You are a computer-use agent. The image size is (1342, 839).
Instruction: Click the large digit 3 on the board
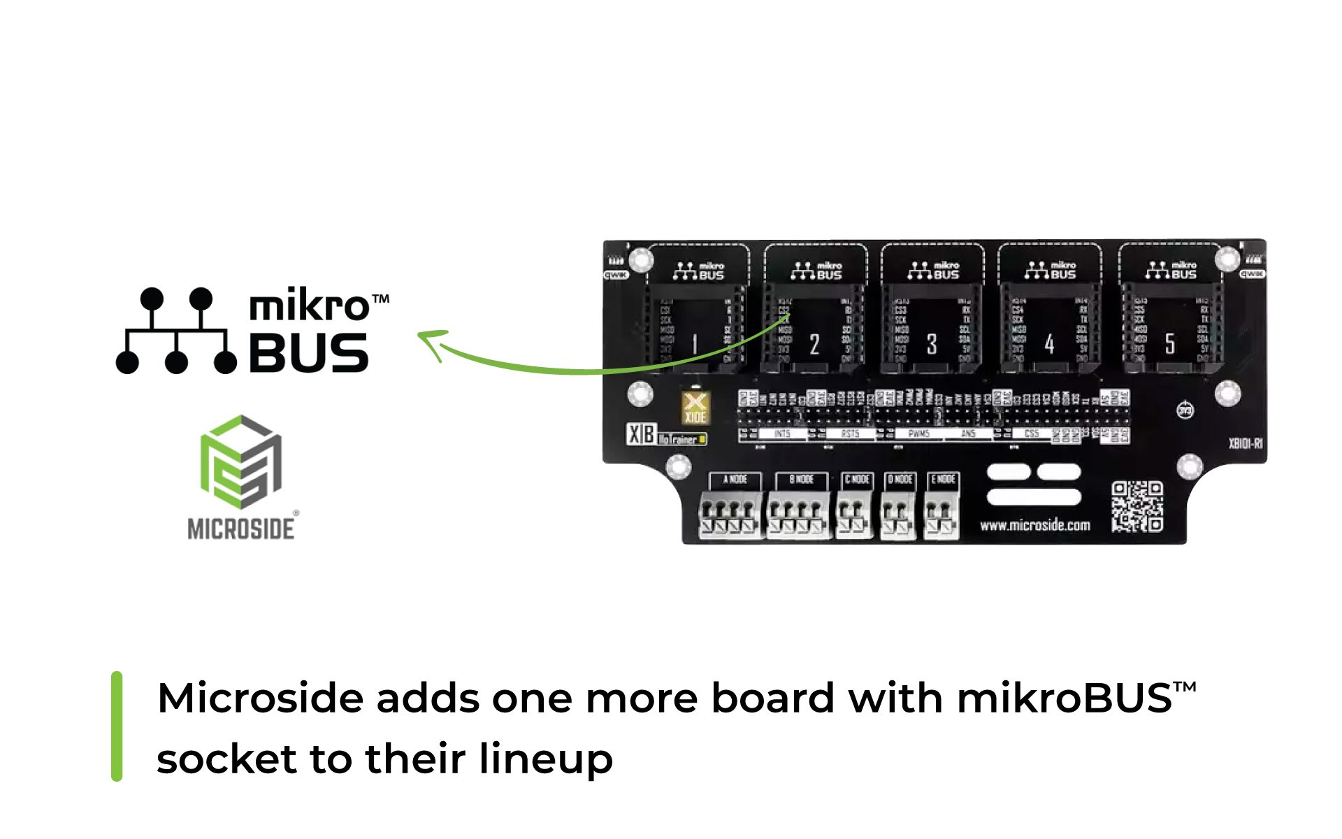[932, 344]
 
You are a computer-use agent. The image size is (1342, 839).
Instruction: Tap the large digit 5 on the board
[1170, 343]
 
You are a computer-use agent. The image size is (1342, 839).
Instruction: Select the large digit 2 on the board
[814, 344]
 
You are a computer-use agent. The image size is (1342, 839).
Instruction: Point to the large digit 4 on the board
[1049, 343]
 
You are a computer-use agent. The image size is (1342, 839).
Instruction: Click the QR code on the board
[1137, 506]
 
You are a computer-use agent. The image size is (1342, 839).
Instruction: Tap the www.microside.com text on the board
[1034, 525]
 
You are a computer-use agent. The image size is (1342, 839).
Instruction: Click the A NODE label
[735, 480]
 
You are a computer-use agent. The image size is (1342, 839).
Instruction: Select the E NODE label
[943, 480]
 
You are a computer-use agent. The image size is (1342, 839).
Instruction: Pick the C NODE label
[858, 480]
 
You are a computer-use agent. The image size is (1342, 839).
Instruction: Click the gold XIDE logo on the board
[695, 408]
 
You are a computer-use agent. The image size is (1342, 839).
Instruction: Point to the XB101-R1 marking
[1246, 443]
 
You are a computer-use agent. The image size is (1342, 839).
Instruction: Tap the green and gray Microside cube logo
[240, 461]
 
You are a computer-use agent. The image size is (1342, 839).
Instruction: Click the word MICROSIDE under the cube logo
[241, 529]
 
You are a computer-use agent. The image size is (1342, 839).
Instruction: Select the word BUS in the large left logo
[308, 353]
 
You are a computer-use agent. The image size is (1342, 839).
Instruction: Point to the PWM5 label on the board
[918, 434]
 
